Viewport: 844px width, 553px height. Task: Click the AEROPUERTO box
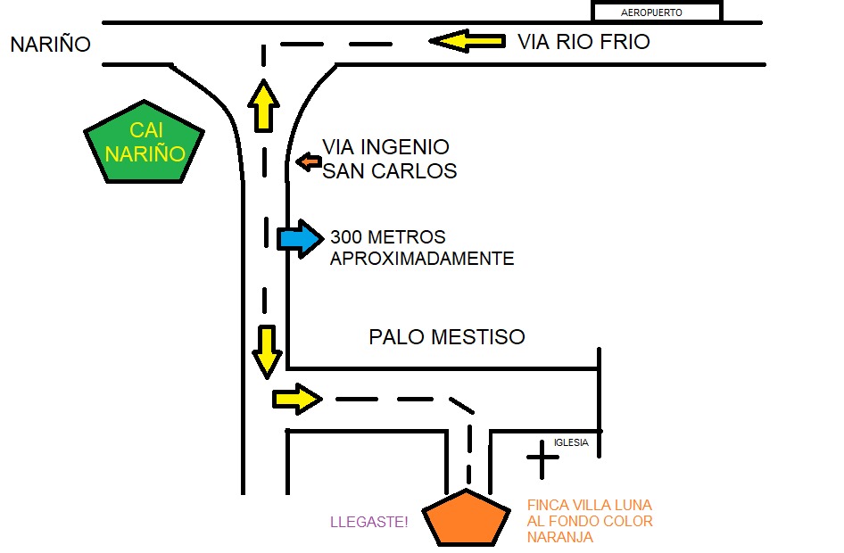coord(657,12)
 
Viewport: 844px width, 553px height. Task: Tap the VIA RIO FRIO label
coord(583,42)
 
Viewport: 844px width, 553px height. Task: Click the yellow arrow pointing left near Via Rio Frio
coord(466,41)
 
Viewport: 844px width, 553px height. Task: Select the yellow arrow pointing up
coord(263,105)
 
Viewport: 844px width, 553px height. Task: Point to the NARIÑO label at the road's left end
coord(51,45)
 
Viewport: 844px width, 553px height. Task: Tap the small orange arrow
coord(310,161)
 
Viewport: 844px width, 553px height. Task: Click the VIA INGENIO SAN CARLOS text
coord(388,159)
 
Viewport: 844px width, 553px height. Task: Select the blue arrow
coord(299,239)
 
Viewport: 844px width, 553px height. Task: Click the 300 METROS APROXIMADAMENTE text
coord(421,248)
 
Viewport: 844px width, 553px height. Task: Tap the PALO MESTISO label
coord(447,337)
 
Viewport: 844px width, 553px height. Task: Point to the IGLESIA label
coord(571,442)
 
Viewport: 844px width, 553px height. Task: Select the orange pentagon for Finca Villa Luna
coord(466,518)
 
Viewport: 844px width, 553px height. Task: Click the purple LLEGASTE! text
coord(369,522)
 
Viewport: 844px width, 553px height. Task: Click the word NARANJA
coord(559,538)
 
